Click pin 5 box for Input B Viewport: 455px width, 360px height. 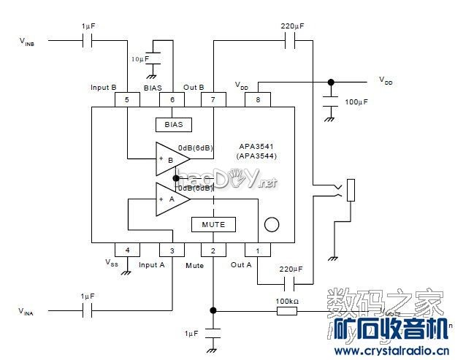pyautogui.click(x=127, y=99)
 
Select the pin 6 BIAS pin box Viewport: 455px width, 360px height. pyautogui.click(x=172, y=99)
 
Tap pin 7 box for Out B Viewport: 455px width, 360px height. pyautogui.click(x=213, y=99)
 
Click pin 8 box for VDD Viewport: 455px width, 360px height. pyautogui.click(x=257, y=99)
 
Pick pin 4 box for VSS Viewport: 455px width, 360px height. pyautogui.click(x=127, y=250)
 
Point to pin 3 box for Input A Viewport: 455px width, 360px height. pyautogui.click(x=172, y=250)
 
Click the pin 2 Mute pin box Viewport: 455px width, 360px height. pyautogui.click(x=213, y=250)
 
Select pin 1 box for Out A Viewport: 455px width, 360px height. pyautogui.click(x=257, y=250)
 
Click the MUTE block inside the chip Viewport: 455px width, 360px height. pyautogui.click(x=213, y=223)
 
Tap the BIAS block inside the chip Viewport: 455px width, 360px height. pyautogui.click(x=173, y=124)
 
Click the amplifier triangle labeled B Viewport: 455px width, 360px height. pyautogui.click(x=169, y=158)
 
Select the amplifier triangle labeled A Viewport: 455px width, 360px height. pyautogui.click(x=169, y=198)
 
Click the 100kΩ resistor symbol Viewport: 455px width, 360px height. pyautogui.click(x=286, y=310)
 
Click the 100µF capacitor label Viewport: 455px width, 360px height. pyautogui.click(x=356, y=103)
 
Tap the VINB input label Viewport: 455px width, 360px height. pyautogui.click(x=26, y=42)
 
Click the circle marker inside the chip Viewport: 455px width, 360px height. pyautogui.click(x=272, y=224)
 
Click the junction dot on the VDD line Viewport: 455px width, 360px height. pyautogui.click(x=330, y=82)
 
